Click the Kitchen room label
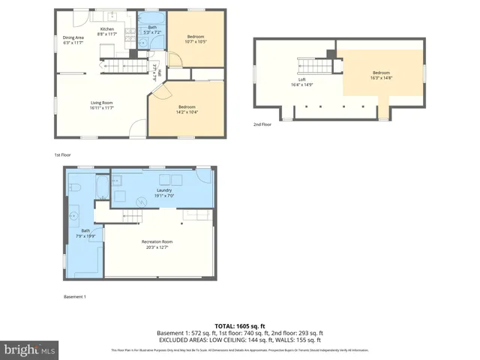107,31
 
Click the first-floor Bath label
152,30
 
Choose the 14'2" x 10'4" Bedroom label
187,109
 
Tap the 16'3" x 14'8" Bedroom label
382,75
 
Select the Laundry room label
164,193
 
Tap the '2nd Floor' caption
262,124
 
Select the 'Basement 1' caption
74,297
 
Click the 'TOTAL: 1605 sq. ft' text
239,326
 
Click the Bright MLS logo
29,349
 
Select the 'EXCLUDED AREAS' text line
239,340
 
